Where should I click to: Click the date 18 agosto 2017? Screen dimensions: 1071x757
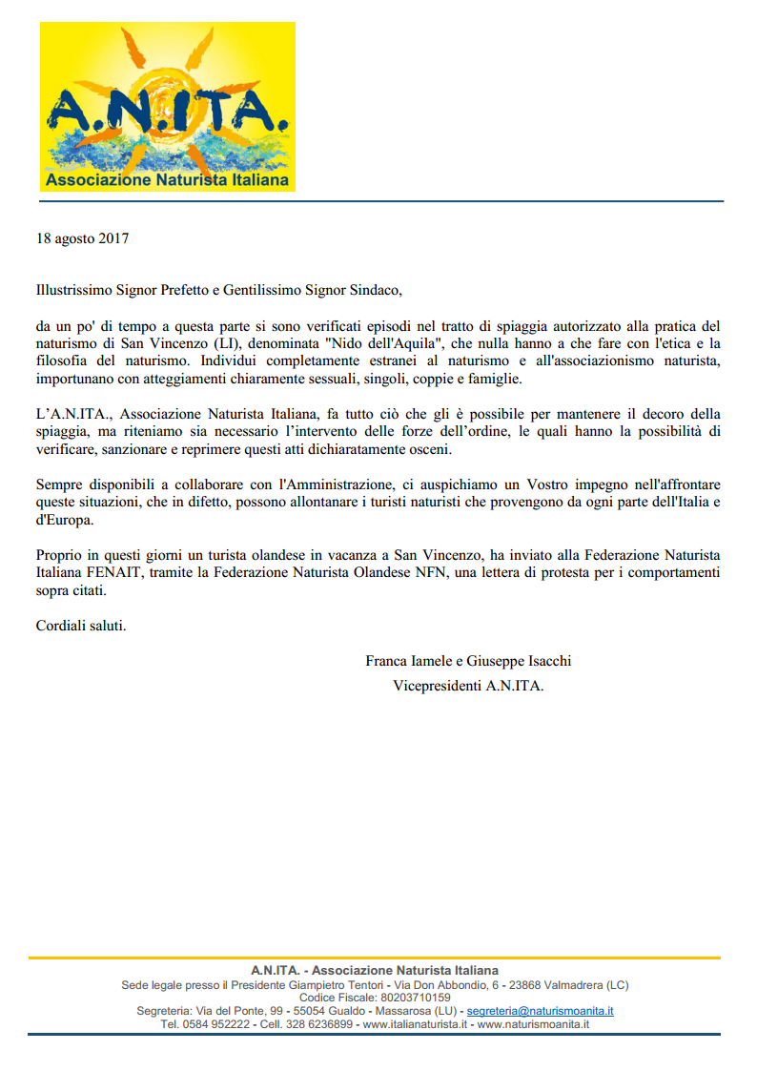(x=82, y=239)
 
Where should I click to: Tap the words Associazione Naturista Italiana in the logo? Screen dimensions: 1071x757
(x=167, y=180)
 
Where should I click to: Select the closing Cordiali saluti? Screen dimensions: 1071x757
(x=81, y=626)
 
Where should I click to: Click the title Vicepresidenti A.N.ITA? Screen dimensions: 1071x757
(x=468, y=686)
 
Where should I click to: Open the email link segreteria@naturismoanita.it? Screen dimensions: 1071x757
(x=540, y=1011)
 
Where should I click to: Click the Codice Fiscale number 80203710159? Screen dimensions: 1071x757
(x=413, y=998)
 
